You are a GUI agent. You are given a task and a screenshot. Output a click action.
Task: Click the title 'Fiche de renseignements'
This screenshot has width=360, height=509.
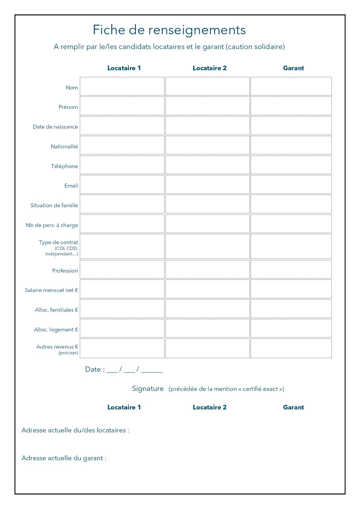tap(169, 30)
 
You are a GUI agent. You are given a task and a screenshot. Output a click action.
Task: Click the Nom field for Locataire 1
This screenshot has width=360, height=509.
tap(122, 86)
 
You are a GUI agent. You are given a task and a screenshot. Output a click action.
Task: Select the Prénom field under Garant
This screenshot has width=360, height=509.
tap(291, 106)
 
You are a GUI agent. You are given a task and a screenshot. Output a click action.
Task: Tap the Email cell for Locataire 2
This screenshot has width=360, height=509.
tap(208, 184)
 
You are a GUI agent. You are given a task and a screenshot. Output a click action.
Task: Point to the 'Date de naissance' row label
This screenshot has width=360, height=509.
tap(55, 127)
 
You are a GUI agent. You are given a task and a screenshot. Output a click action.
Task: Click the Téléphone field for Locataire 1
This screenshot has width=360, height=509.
tap(122, 165)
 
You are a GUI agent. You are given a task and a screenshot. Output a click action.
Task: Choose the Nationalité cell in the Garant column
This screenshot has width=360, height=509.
tap(291, 145)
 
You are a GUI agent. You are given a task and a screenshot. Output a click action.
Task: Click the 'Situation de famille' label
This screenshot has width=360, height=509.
tap(54, 205)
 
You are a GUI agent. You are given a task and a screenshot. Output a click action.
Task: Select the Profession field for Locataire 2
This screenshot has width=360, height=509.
tap(208, 269)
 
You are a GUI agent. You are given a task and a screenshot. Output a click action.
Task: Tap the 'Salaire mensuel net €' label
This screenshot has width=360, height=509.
tap(51, 290)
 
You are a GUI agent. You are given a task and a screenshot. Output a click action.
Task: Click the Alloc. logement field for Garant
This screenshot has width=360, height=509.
tap(291, 328)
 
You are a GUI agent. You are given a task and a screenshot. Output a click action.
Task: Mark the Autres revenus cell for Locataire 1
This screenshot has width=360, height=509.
tap(122, 348)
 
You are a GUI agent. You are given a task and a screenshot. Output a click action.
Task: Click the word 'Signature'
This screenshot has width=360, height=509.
tap(148, 389)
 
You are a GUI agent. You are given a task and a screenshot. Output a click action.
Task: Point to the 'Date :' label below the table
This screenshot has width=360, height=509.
tap(95, 369)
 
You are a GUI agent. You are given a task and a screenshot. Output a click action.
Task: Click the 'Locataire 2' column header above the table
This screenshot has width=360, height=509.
tap(210, 68)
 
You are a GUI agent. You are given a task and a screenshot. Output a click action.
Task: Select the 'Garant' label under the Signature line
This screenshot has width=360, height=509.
tap(293, 407)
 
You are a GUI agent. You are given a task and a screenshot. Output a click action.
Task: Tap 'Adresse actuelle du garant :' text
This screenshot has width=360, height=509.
tap(64, 458)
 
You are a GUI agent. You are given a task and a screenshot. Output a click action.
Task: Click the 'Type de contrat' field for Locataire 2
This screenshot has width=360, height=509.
tap(208, 246)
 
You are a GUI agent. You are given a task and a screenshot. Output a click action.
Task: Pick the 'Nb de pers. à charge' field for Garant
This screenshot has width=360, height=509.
tap(291, 224)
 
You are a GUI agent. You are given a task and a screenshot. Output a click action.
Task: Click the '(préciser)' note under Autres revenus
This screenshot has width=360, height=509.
tap(68, 353)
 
